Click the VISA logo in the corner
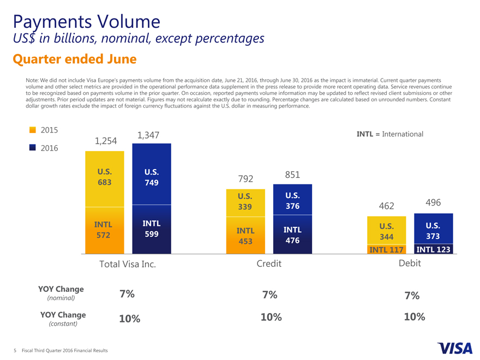tap(454, 347)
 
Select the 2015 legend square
tap(33, 130)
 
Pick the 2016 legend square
tap(33, 147)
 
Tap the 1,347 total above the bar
tap(148, 135)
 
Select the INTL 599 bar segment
tap(151, 229)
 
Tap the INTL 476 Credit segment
tap(292, 235)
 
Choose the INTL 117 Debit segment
tap(386, 250)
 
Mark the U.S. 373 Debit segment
tap(433, 231)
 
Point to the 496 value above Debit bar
tap(433, 202)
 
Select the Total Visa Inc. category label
tap(128, 264)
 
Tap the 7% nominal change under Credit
tap(269, 295)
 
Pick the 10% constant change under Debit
tap(414, 317)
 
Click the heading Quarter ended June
tap(74, 58)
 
